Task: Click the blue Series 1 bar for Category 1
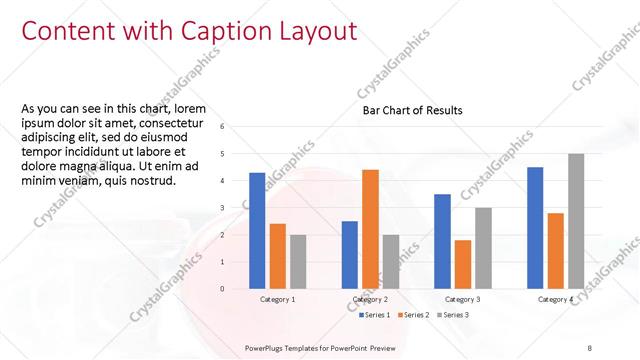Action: pos(257,230)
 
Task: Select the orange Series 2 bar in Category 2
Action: pos(370,229)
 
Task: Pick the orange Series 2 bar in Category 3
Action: pos(462,264)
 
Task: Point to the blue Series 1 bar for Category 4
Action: pos(535,227)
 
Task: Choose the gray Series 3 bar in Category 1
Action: pos(298,261)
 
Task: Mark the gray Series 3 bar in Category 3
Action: pos(483,248)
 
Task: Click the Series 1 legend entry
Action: pos(376,315)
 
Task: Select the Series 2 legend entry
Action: pos(415,315)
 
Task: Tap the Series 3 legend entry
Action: pos(452,315)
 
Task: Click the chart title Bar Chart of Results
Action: pos(412,111)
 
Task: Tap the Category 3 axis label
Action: pos(462,299)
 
